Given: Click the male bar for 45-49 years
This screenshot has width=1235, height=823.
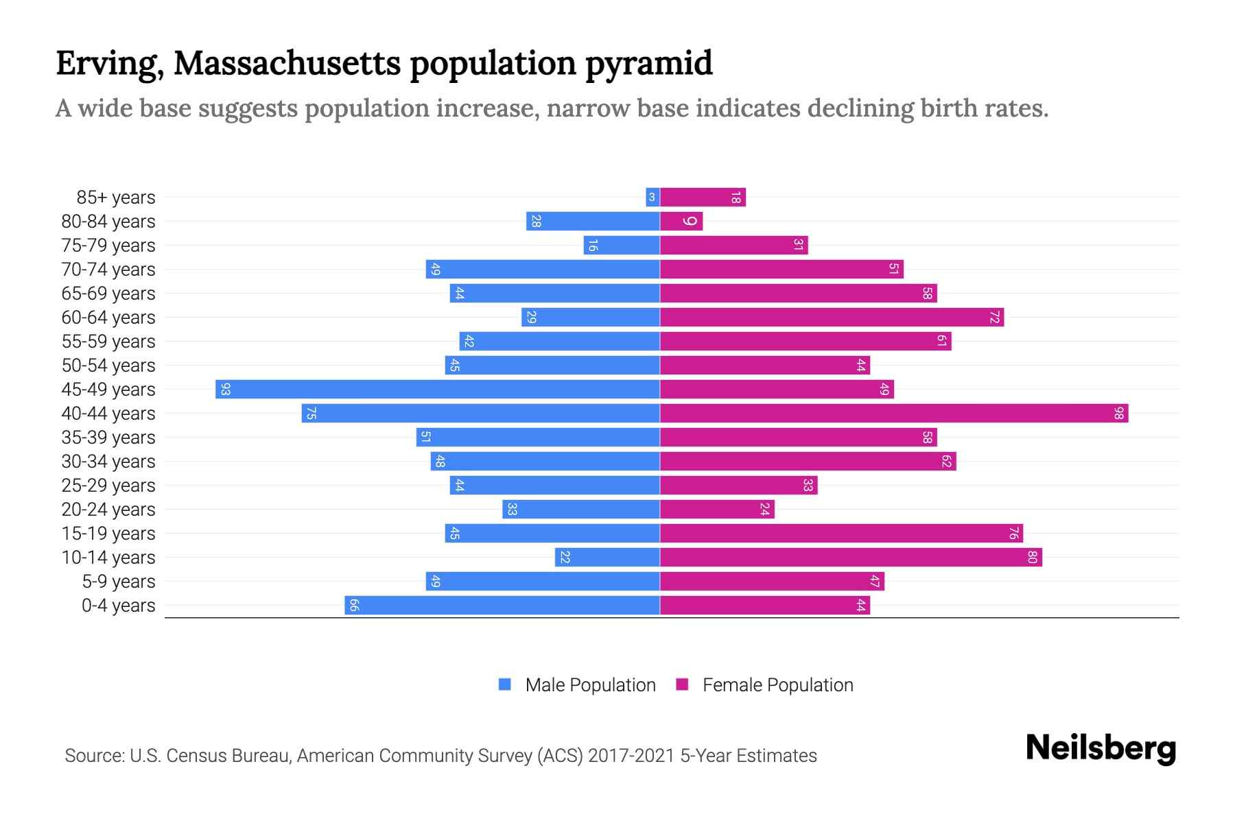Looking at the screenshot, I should (438, 390).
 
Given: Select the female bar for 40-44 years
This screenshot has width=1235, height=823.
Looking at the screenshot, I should (893, 414).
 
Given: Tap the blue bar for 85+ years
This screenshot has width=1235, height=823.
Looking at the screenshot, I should (652, 198).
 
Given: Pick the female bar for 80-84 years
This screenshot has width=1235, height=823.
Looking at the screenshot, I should (681, 222).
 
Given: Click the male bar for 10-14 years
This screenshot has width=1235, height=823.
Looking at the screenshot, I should (607, 558).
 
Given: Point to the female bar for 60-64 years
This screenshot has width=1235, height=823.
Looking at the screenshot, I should (832, 318).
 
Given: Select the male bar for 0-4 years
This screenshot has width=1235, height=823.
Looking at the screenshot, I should (502, 606).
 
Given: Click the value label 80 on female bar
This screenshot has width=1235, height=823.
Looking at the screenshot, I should (1032, 558).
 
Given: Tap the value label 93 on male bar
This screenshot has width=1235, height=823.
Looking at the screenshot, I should (225, 390).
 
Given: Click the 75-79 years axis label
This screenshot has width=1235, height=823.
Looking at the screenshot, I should (108, 246).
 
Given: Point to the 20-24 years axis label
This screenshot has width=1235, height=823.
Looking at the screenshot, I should (108, 510).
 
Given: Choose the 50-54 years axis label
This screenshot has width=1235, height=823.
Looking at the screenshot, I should (108, 366).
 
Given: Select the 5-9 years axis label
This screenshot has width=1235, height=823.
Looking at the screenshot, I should (119, 582).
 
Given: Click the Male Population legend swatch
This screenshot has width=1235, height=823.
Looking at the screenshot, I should (505, 684).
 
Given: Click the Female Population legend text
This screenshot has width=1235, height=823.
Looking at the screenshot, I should (777, 685).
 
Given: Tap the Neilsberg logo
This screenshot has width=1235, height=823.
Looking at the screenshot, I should (1101, 748).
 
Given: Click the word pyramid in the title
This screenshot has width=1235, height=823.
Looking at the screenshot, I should (648, 64).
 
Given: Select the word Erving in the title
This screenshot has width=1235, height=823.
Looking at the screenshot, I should (110, 64).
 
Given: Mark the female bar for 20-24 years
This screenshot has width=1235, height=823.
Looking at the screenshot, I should (717, 510).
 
